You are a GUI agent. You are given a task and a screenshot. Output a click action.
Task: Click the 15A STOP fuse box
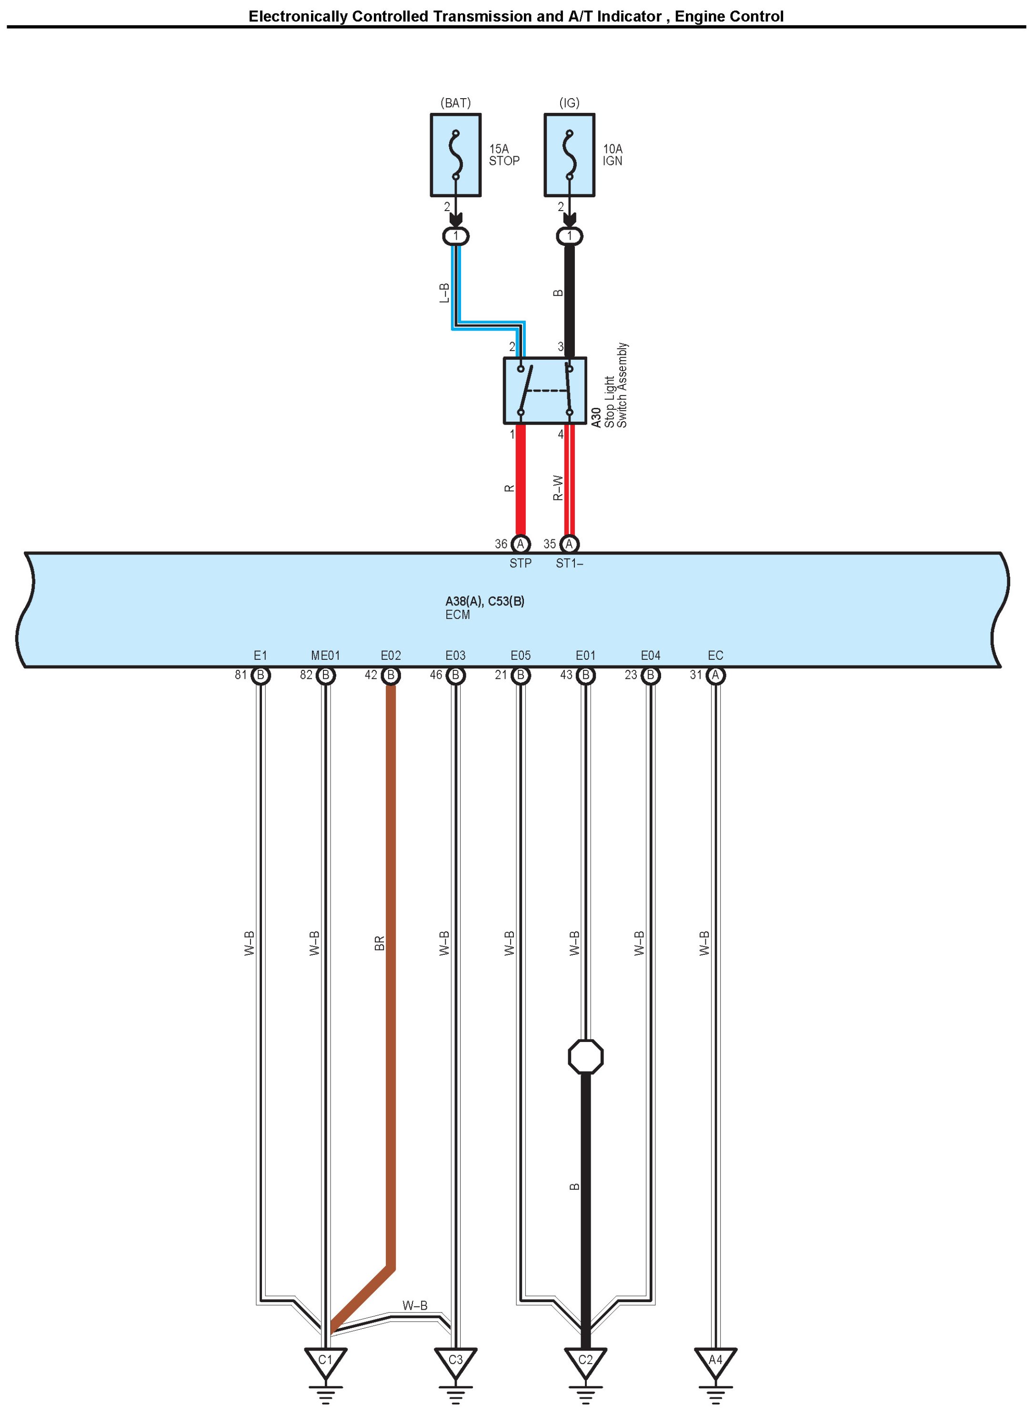(x=455, y=155)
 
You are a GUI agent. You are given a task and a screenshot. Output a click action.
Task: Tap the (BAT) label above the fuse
(x=455, y=103)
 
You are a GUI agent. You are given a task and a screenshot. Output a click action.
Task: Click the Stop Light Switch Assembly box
(x=544, y=390)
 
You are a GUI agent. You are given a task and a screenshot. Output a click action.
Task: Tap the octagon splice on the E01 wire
(x=585, y=1057)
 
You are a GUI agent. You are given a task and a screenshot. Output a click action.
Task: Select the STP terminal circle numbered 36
(x=520, y=544)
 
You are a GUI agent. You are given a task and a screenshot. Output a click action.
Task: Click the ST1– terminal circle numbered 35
(x=569, y=544)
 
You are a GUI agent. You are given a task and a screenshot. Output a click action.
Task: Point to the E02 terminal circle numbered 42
(x=390, y=675)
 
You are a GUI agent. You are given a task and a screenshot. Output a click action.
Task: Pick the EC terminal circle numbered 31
(x=715, y=675)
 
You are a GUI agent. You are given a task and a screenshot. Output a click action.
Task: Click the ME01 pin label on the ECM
(x=325, y=656)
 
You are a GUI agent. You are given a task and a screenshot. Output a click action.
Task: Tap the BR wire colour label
(x=379, y=943)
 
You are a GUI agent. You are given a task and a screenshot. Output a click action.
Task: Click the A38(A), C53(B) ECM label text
(x=485, y=601)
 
